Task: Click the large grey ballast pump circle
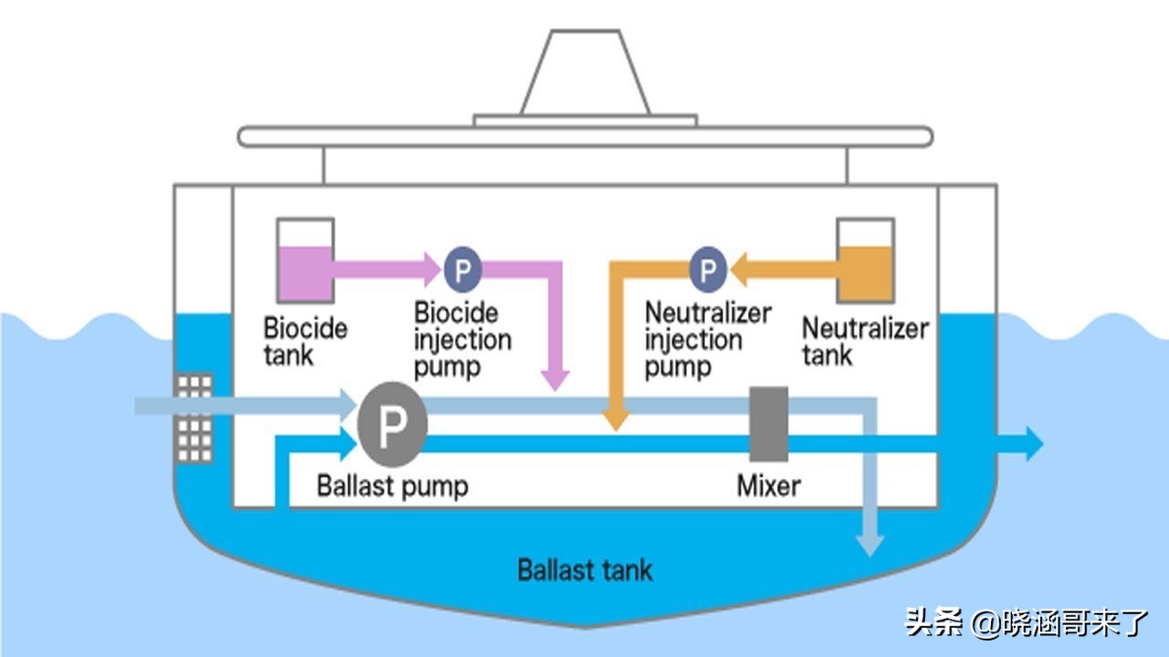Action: [393, 425]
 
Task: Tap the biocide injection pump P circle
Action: [463, 269]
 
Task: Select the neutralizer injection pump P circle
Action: [707, 269]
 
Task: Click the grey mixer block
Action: [769, 423]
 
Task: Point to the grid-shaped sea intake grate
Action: [195, 418]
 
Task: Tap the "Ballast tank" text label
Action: [584, 571]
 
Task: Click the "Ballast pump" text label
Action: [392, 485]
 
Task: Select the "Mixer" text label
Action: [769, 485]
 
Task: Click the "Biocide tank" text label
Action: [305, 340]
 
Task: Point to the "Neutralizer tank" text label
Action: [865, 340]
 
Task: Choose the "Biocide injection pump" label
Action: [462, 339]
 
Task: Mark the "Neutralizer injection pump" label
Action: [708, 339]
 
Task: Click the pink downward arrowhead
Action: [553, 380]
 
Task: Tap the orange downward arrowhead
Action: [616, 418]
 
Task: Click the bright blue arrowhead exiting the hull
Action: [1032, 443]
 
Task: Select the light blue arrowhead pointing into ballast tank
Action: [871, 544]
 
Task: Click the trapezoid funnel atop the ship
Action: [584, 73]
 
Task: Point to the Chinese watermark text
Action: [1027, 623]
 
